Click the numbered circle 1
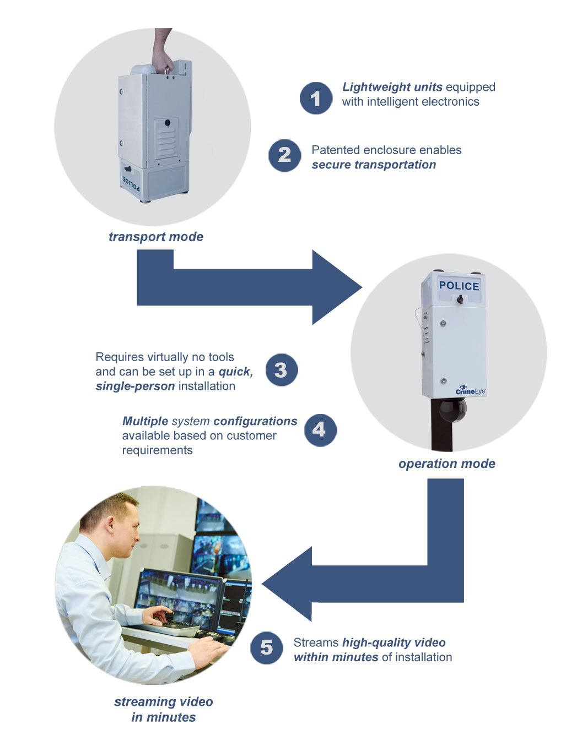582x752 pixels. [316, 99]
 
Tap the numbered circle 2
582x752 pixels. [284, 155]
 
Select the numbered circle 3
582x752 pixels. [281, 370]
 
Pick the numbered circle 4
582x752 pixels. [320, 430]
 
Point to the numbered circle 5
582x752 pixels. [266, 648]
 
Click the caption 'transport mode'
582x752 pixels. [156, 237]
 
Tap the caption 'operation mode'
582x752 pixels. [446, 464]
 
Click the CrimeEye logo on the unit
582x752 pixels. [470, 390]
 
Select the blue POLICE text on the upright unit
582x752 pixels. [459, 286]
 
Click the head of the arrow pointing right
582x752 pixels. [335, 287]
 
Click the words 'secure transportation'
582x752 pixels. [374, 165]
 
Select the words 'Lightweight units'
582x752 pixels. [392, 87]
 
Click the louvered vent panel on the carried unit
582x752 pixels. [166, 138]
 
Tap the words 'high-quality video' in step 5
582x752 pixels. [394, 642]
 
